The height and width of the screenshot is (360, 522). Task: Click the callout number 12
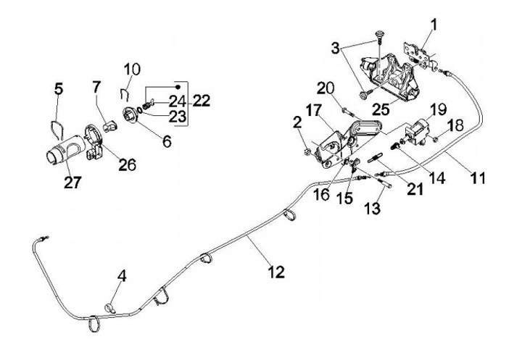tap(276, 272)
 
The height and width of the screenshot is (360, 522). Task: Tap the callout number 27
tap(72, 183)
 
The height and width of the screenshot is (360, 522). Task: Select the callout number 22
tap(202, 101)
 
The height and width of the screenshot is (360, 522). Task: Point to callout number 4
tap(122, 276)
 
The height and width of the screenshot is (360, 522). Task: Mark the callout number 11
tap(478, 177)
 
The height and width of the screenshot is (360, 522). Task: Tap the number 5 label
tap(59, 89)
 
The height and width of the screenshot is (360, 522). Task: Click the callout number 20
tap(326, 88)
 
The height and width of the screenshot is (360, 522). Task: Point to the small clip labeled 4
tap(110, 309)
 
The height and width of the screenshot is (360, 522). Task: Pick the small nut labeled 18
tap(436, 138)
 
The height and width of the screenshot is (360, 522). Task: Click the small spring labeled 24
tap(146, 106)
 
